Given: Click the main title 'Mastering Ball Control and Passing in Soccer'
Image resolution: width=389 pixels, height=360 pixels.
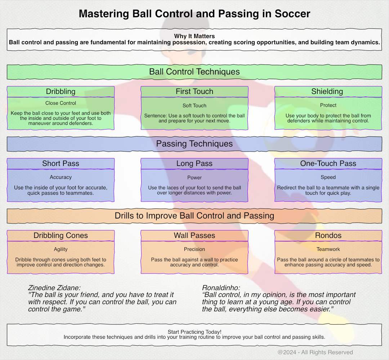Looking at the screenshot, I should [x=194, y=14].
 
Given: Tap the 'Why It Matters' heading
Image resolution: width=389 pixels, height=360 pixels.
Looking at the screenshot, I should [x=194, y=36].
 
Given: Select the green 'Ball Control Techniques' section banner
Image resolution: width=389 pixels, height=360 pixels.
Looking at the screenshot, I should [x=194, y=72].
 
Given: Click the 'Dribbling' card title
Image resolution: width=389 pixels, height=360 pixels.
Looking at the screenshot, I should [x=61, y=91].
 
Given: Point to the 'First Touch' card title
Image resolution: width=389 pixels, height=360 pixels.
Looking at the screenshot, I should [x=194, y=91].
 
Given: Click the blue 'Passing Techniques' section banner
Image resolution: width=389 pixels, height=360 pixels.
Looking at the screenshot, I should [x=194, y=144].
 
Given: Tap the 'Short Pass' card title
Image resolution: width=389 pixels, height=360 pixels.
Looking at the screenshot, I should [x=61, y=163].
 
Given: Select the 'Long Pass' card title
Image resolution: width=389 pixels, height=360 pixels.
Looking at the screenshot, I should [x=194, y=163].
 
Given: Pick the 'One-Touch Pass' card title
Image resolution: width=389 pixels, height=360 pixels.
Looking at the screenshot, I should [x=328, y=163].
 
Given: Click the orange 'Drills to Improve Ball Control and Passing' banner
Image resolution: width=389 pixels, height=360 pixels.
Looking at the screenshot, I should [x=194, y=216].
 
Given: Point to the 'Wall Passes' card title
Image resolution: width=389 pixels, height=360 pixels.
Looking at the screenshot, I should [x=194, y=235].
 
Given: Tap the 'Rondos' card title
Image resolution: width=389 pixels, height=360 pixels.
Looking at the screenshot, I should [x=328, y=235].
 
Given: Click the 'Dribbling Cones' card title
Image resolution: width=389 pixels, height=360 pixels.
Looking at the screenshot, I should [x=61, y=235].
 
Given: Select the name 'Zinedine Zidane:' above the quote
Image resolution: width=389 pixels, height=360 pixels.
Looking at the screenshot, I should [x=54, y=288].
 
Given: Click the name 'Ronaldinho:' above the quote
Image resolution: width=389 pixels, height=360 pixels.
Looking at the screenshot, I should [x=221, y=288].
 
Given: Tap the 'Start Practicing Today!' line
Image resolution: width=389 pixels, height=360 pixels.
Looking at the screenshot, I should [x=194, y=332].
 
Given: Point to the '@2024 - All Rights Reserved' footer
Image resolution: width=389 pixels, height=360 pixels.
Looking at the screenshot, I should [x=315, y=352].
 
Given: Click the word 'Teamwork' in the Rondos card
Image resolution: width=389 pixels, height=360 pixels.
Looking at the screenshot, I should [x=328, y=249].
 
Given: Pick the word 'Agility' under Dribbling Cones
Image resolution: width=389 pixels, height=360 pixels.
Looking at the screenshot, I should [x=61, y=249].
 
